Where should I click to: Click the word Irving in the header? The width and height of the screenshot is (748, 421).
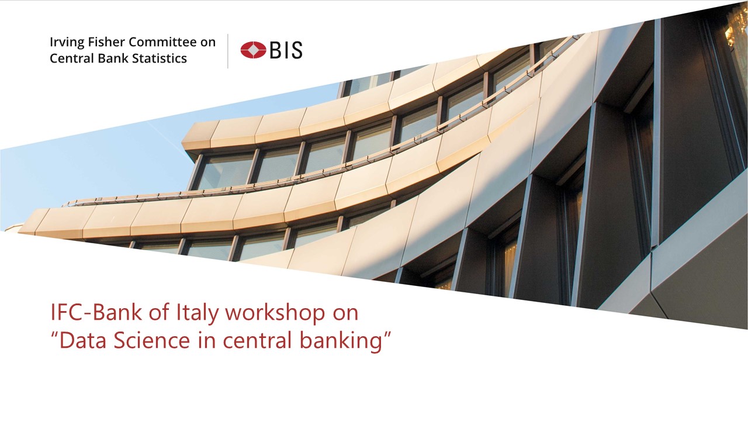point(67,43)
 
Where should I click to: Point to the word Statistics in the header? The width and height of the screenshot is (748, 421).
point(160,58)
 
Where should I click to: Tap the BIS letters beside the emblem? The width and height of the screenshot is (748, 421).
point(286,50)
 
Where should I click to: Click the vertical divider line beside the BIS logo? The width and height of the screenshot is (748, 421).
point(228,51)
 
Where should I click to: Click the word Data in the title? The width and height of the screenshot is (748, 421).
point(83,340)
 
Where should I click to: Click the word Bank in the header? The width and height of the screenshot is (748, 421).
point(113,58)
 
